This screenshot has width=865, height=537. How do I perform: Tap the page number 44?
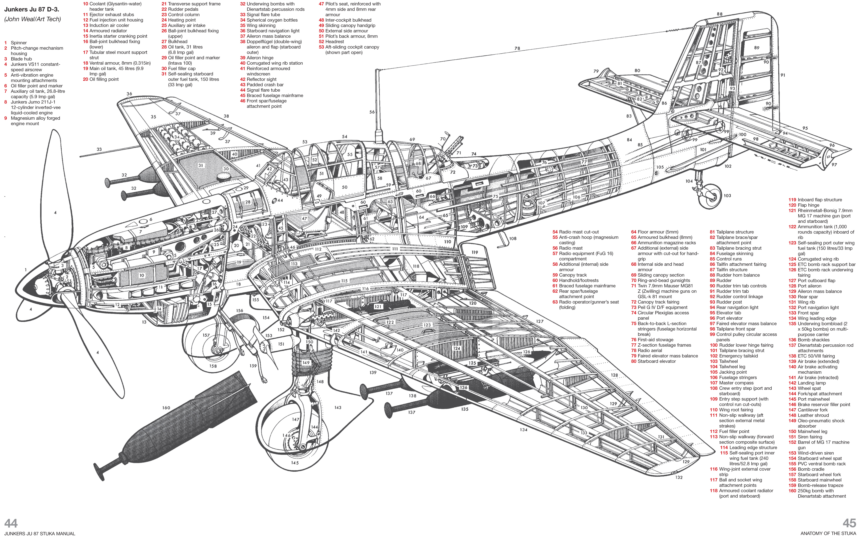tap(11, 523)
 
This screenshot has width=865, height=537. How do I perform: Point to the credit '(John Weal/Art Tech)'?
tap(32, 19)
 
